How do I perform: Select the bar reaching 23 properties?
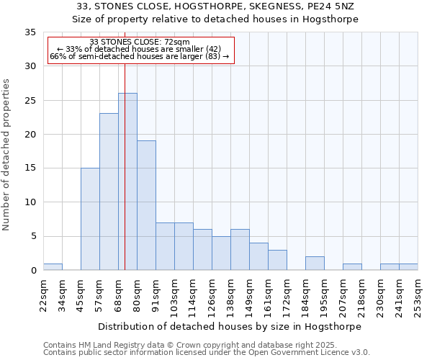point(109,192)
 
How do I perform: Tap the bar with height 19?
point(146,205)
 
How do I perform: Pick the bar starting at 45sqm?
point(90,219)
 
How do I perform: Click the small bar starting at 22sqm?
point(53,266)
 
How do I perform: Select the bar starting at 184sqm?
point(315,264)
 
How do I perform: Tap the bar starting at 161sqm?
point(277,260)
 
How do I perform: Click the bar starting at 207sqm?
point(352,267)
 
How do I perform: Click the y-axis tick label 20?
point(30,135)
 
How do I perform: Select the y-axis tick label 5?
point(32,236)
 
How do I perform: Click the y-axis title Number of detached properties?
point(6,155)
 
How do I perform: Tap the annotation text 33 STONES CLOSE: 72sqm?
point(140,42)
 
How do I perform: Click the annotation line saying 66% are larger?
point(140,56)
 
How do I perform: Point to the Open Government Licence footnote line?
point(207,353)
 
